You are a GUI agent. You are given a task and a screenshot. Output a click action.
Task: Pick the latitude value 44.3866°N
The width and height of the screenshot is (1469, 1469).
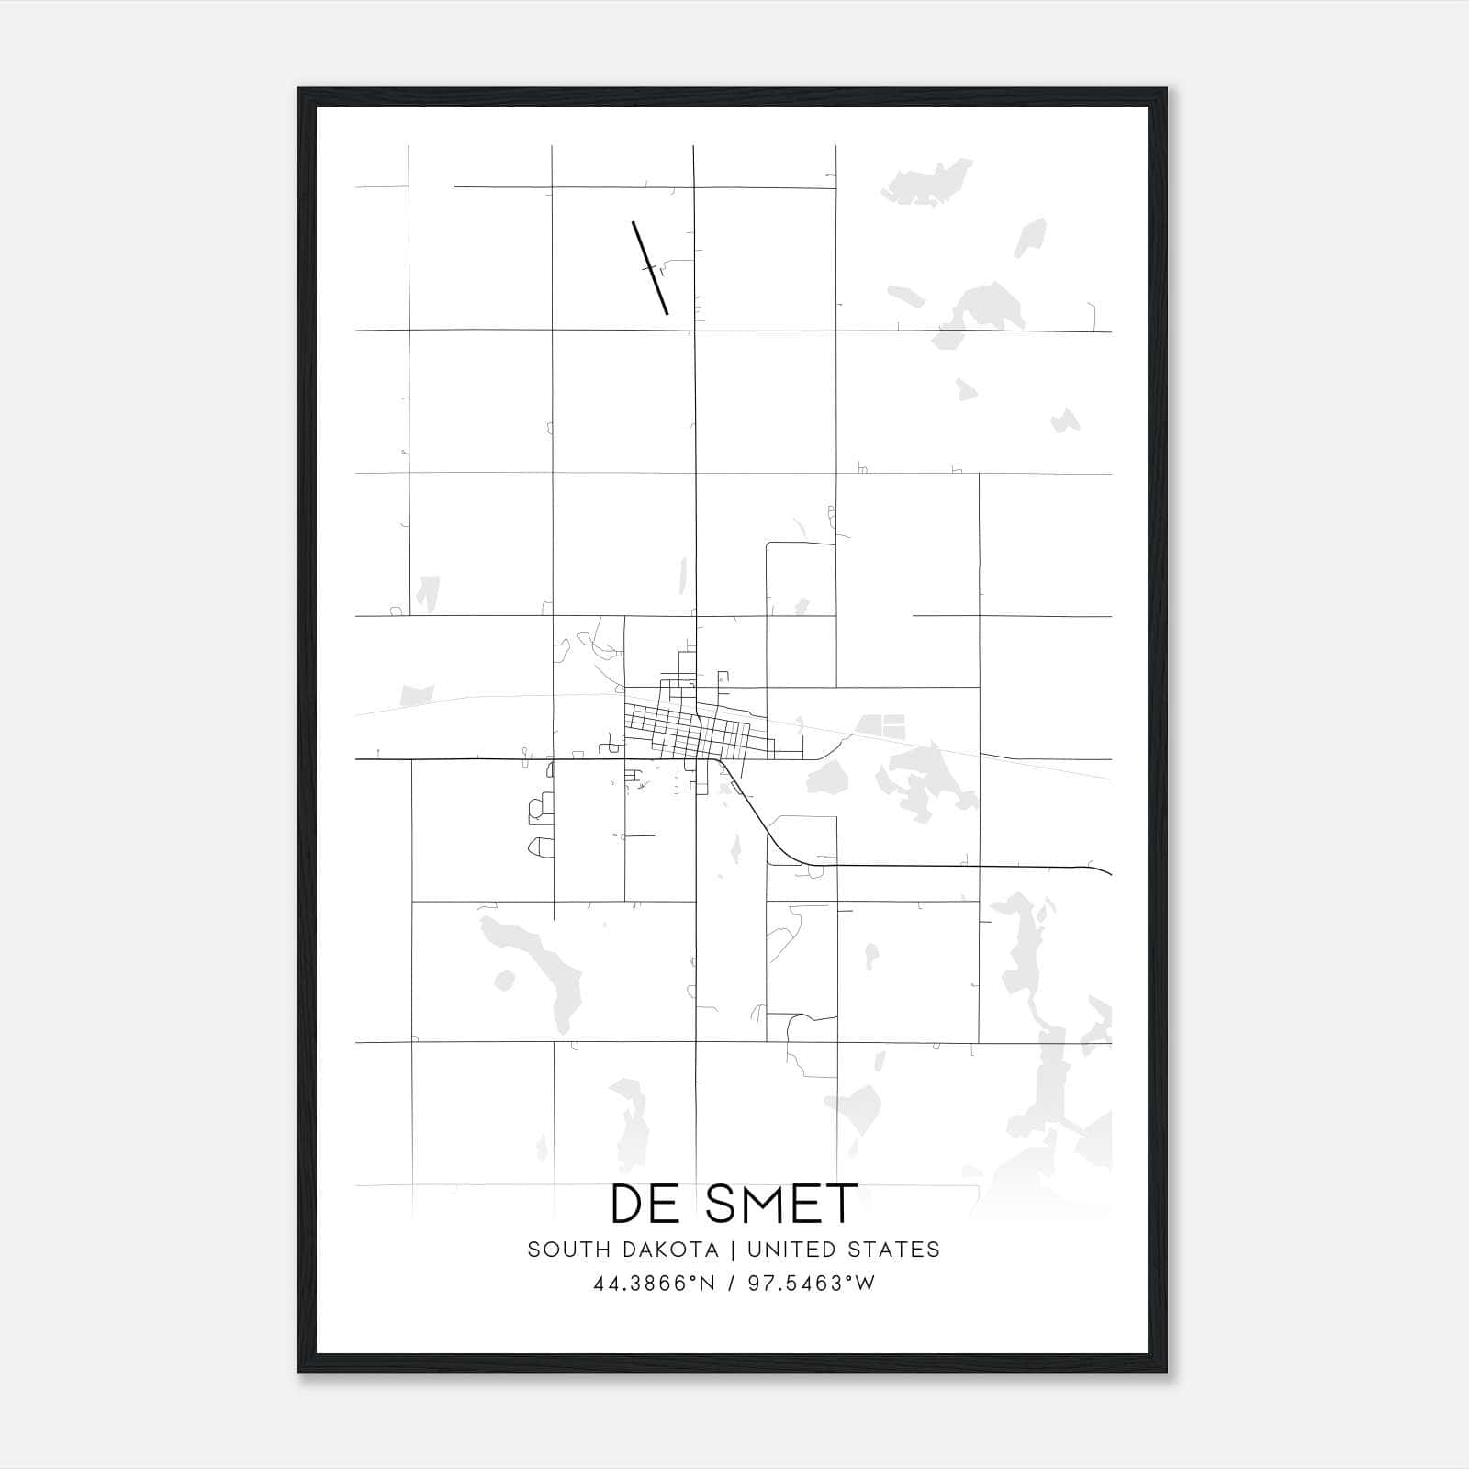(654, 1284)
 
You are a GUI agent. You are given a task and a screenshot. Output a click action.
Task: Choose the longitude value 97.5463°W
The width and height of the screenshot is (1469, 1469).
(812, 1284)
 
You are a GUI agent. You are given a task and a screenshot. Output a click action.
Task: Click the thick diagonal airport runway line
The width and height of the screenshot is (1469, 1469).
(650, 268)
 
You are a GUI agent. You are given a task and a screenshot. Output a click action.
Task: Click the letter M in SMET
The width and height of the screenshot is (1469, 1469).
(755, 1204)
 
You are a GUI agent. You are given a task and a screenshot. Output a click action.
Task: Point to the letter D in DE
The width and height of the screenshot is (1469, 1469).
(628, 1204)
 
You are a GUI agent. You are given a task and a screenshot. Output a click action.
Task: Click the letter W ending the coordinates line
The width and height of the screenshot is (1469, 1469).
(866, 1284)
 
